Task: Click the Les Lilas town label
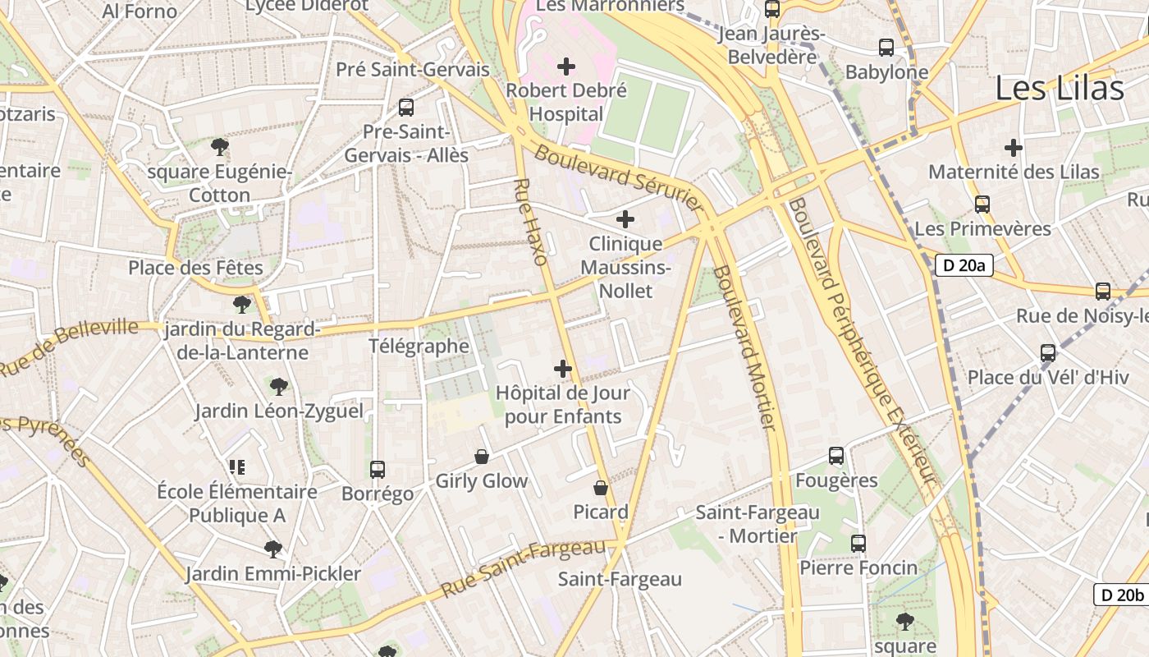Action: [1059, 89]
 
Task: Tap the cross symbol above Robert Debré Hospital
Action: [566, 67]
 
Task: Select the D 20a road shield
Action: [964, 265]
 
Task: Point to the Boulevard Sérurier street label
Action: [620, 178]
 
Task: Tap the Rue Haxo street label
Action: [530, 222]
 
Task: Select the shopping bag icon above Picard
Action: [601, 488]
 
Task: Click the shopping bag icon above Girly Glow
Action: [482, 457]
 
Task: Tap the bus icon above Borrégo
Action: [378, 470]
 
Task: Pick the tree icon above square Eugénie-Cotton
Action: [219, 147]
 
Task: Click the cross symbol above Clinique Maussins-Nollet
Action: [625, 219]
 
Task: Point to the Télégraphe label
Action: [419, 346]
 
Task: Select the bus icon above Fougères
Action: [836, 456]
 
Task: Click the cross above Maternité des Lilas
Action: [1014, 148]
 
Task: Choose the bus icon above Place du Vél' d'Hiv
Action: [1048, 353]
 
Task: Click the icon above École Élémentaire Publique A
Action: [237, 467]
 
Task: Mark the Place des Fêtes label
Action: [195, 268]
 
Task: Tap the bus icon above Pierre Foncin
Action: [858, 544]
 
